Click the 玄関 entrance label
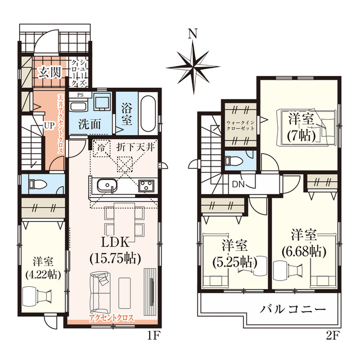point(50,73)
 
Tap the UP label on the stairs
point(49,125)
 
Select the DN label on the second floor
point(238,184)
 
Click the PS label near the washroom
point(80,95)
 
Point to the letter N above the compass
point(192,34)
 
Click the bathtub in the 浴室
point(148,114)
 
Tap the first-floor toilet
point(37,184)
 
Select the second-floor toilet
point(234,160)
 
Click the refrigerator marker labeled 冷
point(101,147)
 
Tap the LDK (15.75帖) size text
point(115,259)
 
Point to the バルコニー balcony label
point(292,309)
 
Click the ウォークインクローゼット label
point(240,125)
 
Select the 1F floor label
point(153,336)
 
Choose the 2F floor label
point(332,336)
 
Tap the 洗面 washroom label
point(89,124)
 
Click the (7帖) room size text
point(301,136)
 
